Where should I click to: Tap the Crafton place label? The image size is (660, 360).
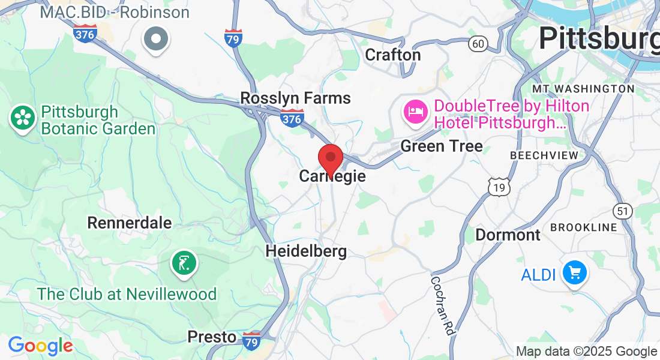point(393,55)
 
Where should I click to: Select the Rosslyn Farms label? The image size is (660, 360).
point(295,98)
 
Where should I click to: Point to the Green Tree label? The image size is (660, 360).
point(441,146)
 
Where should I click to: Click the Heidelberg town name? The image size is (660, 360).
point(306,251)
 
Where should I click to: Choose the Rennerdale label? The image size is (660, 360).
point(130,223)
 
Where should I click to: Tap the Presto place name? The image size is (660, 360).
point(212,337)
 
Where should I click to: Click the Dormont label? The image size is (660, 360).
point(508,235)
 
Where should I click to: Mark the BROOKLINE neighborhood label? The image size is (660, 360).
point(583,227)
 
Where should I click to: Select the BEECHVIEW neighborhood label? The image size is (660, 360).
point(544,155)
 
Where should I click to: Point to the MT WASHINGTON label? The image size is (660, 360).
point(583,89)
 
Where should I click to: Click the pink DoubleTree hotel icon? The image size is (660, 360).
point(415,112)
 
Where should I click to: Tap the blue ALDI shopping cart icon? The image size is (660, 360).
point(575,274)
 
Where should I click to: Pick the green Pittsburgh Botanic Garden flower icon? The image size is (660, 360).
point(23,117)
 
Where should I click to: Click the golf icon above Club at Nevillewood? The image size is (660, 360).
point(184,263)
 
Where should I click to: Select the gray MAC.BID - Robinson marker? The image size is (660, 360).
point(157,39)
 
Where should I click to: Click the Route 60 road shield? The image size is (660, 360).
point(478,44)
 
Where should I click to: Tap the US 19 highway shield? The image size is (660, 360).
point(499,188)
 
